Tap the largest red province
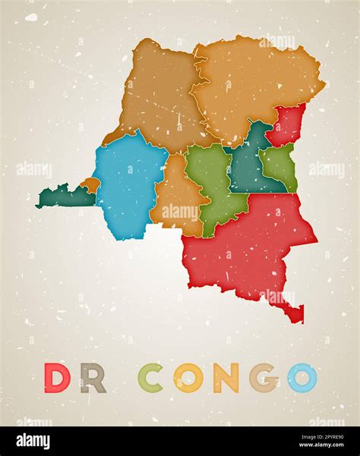(x=251, y=243)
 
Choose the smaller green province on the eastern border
(x=281, y=165)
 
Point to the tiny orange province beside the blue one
(x=90, y=184)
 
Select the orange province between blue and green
(x=176, y=197)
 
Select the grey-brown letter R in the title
(x=93, y=378)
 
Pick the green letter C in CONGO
(x=150, y=378)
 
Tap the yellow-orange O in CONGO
(x=188, y=378)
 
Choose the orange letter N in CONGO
(x=226, y=378)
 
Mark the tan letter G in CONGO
(x=264, y=378)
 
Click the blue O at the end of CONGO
(x=302, y=378)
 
